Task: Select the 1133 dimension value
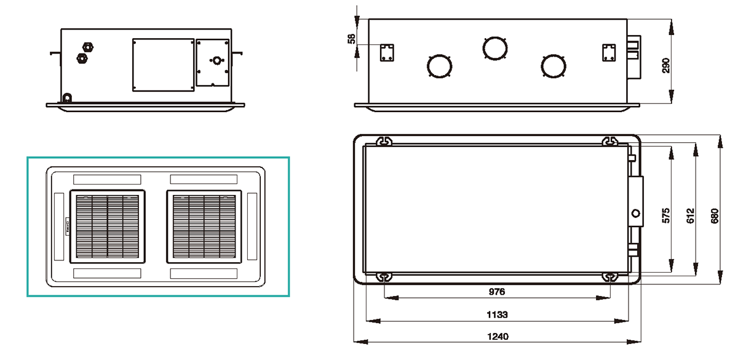[497, 314]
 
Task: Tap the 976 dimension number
[497, 291]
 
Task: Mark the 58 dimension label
[351, 39]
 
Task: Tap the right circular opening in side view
[553, 66]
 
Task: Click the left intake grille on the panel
[108, 226]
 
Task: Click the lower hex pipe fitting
[81, 58]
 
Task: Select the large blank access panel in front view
[163, 65]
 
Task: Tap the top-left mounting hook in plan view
[383, 141]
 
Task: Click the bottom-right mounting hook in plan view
[610, 278]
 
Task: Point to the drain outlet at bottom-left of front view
[66, 97]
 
